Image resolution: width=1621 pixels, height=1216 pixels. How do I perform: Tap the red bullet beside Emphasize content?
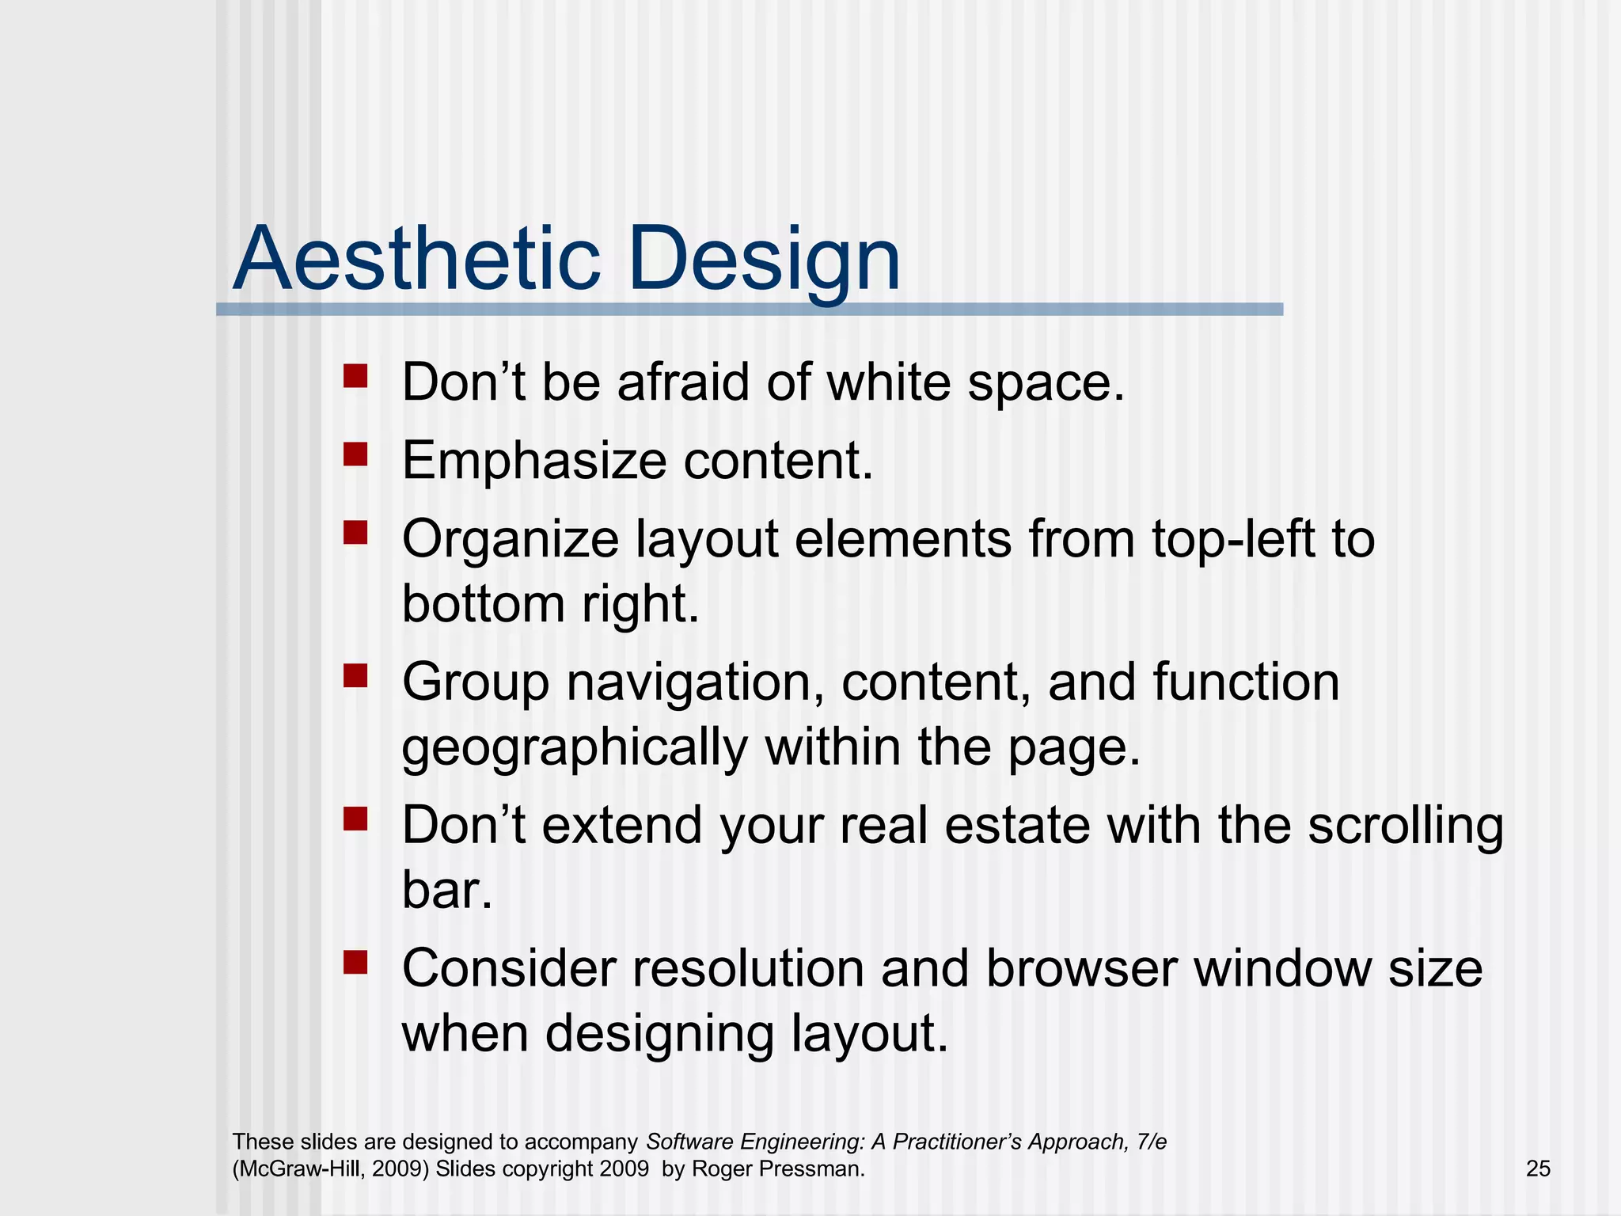[355, 454]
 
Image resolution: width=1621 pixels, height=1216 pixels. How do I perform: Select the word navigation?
[694, 682]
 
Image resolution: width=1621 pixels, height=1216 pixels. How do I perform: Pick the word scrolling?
[1404, 826]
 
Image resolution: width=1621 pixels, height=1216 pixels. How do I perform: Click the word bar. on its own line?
[447, 890]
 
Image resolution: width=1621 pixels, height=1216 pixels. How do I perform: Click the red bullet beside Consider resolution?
[355, 962]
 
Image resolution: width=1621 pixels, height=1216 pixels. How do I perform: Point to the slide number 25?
[1538, 1168]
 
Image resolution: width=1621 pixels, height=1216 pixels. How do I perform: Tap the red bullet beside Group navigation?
[355, 675]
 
